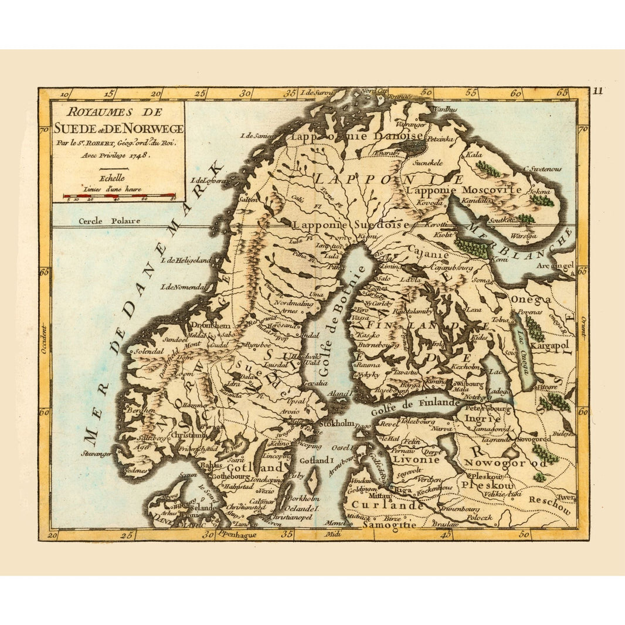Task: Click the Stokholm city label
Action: [x=335, y=422]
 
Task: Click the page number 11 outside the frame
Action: [x=597, y=90]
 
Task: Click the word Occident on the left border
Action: [x=43, y=342]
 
